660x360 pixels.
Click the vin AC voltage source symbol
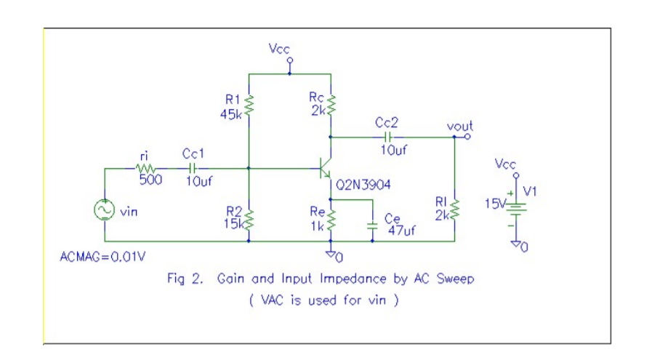[105, 210]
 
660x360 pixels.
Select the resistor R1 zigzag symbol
[249, 105]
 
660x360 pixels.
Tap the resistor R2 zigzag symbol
[249, 217]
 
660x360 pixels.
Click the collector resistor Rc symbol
[331, 104]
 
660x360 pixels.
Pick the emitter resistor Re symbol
[331, 217]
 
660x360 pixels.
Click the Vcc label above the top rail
[279, 49]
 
